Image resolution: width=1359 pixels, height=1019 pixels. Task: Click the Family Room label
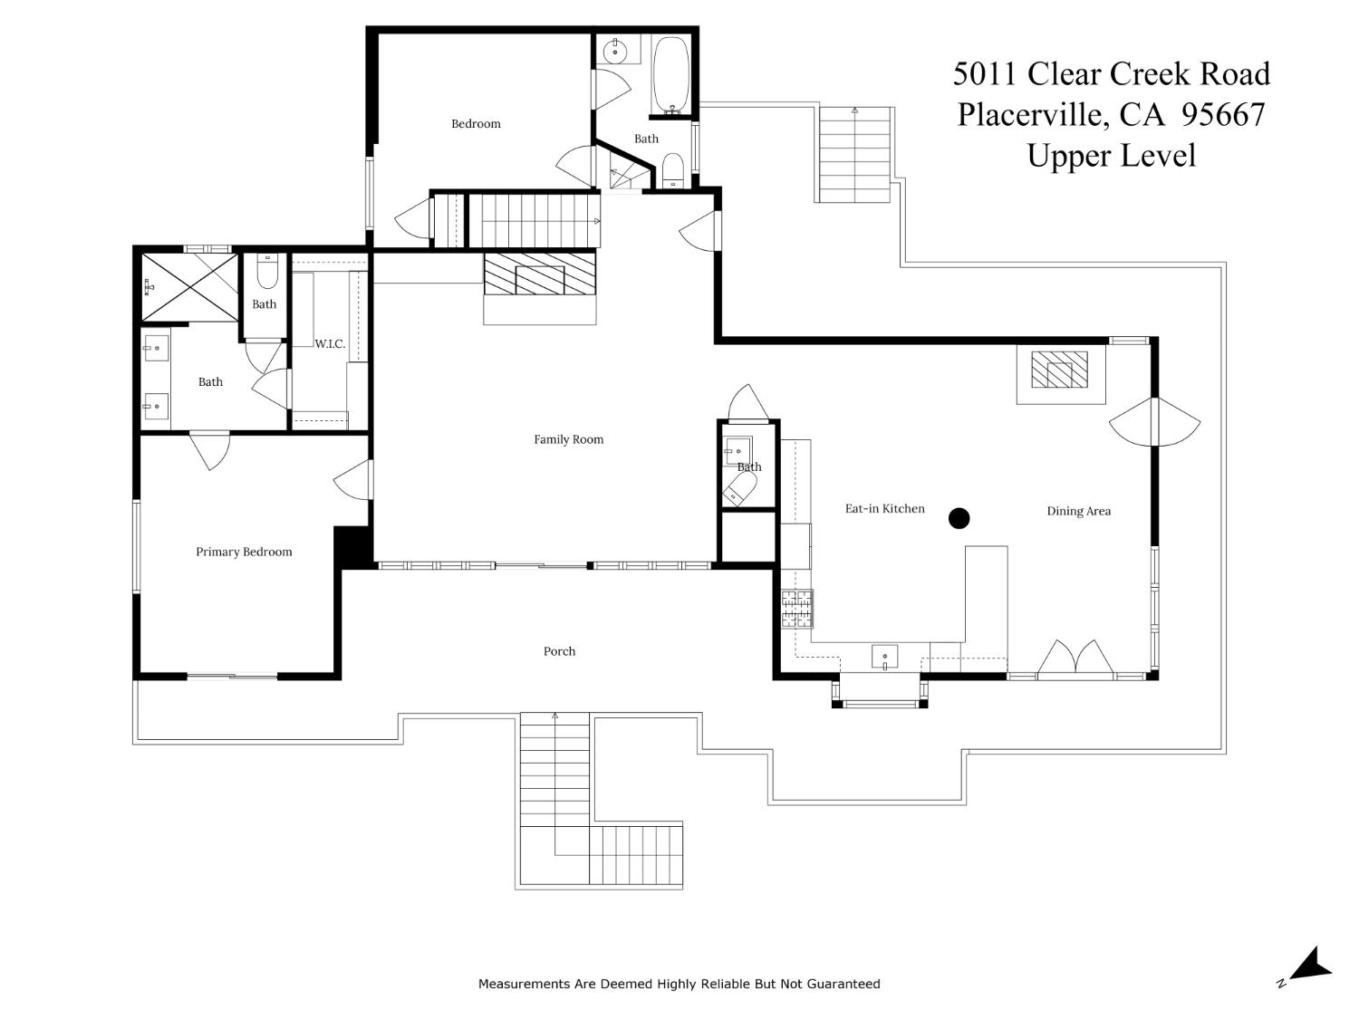click(568, 439)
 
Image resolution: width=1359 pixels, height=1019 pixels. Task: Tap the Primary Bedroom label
click(244, 552)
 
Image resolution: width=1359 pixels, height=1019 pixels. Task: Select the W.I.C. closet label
click(330, 344)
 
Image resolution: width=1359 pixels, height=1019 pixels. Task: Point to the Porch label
click(559, 651)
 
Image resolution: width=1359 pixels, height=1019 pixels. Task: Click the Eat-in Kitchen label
click(884, 509)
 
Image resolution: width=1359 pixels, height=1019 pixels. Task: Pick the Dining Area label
click(1078, 511)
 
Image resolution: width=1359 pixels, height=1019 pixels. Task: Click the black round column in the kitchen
click(959, 518)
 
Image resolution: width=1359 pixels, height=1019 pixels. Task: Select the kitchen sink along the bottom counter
click(884, 656)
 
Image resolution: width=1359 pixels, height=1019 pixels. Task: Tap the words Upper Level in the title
click(1111, 156)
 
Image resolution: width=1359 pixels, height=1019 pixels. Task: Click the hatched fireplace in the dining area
click(1059, 370)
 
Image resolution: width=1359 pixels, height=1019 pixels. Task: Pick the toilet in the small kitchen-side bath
click(740, 491)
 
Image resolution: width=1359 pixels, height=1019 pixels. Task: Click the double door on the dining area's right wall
click(1154, 421)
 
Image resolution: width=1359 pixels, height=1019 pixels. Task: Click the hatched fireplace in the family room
click(539, 275)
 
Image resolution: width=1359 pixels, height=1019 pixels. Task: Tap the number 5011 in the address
click(985, 74)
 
